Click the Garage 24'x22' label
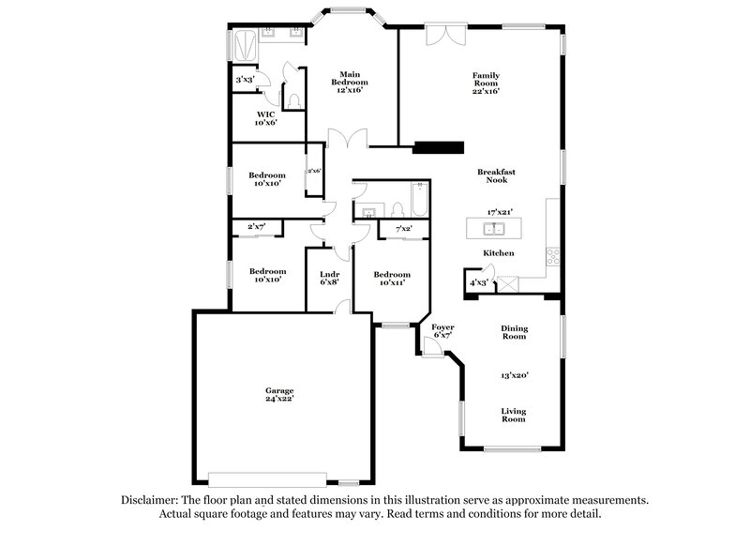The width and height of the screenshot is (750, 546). pos(278,394)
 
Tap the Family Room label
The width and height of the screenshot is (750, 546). pos(486,83)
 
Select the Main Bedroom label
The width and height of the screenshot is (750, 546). pos(350,83)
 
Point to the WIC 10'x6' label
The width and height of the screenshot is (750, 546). pos(266,118)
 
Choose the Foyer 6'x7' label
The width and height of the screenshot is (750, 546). pos(442,331)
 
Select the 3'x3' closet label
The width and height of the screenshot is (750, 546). pos(246,80)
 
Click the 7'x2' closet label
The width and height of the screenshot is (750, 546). pos(404,228)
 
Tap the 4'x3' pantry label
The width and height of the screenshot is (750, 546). pos(478,281)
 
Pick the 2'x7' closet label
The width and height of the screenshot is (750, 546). pos(256,227)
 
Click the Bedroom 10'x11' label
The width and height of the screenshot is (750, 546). pos(392,279)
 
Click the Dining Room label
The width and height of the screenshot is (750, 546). pos(514,332)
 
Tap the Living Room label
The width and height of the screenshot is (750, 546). pos(514,416)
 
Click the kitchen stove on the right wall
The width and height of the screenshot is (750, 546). pos(553,253)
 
